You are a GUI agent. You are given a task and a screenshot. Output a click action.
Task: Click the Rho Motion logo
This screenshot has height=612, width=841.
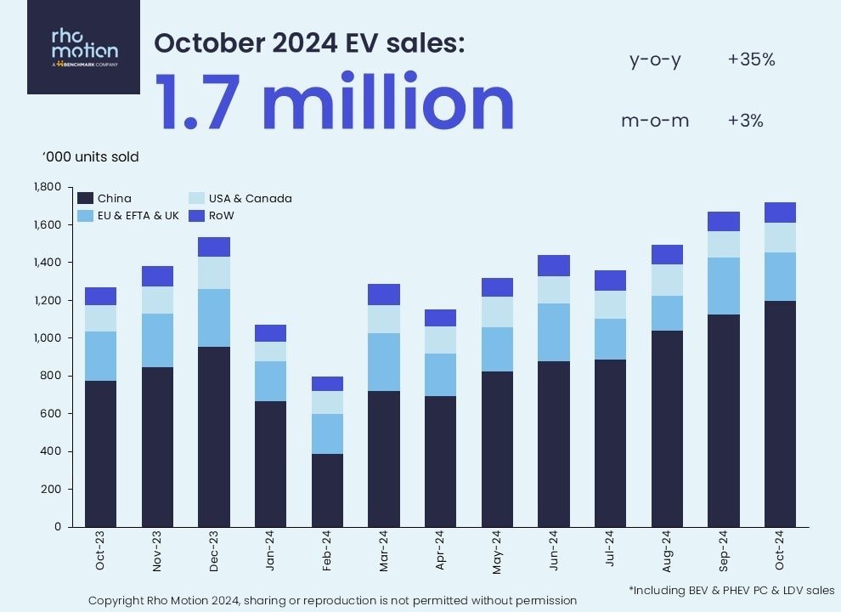click(83, 47)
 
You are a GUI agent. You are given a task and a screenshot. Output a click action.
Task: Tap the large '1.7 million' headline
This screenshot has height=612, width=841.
click(334, 103)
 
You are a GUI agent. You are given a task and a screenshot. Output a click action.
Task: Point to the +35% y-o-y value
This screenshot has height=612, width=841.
click(751, 59)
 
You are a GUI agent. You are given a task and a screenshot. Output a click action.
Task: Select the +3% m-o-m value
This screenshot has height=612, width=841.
click(745, 121)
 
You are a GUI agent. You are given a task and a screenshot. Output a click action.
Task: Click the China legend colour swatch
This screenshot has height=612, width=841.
click(85, 198)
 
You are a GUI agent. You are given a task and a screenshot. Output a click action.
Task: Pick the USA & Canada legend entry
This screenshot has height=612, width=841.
click(239, 198)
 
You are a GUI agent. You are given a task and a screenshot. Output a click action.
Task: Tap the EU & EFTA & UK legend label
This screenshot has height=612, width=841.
click(138, 215)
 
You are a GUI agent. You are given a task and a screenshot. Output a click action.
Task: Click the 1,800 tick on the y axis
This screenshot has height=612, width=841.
click(47, 187)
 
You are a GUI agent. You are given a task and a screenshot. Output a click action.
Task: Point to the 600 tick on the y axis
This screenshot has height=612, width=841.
click(51, 414)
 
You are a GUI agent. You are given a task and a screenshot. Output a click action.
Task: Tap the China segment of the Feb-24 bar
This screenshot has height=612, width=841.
click(327, 490)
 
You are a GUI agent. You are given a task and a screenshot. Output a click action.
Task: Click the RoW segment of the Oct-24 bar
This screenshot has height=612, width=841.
click(780, 212)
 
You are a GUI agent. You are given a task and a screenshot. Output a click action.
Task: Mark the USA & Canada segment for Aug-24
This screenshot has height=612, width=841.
click(667, 280)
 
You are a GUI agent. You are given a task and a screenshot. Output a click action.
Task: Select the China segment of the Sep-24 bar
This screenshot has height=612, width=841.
click(723, 421)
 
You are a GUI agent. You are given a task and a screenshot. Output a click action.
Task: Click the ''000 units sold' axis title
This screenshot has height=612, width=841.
click(90, 157)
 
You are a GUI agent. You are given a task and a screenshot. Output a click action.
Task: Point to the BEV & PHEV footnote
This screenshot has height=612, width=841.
click(731, 589)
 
